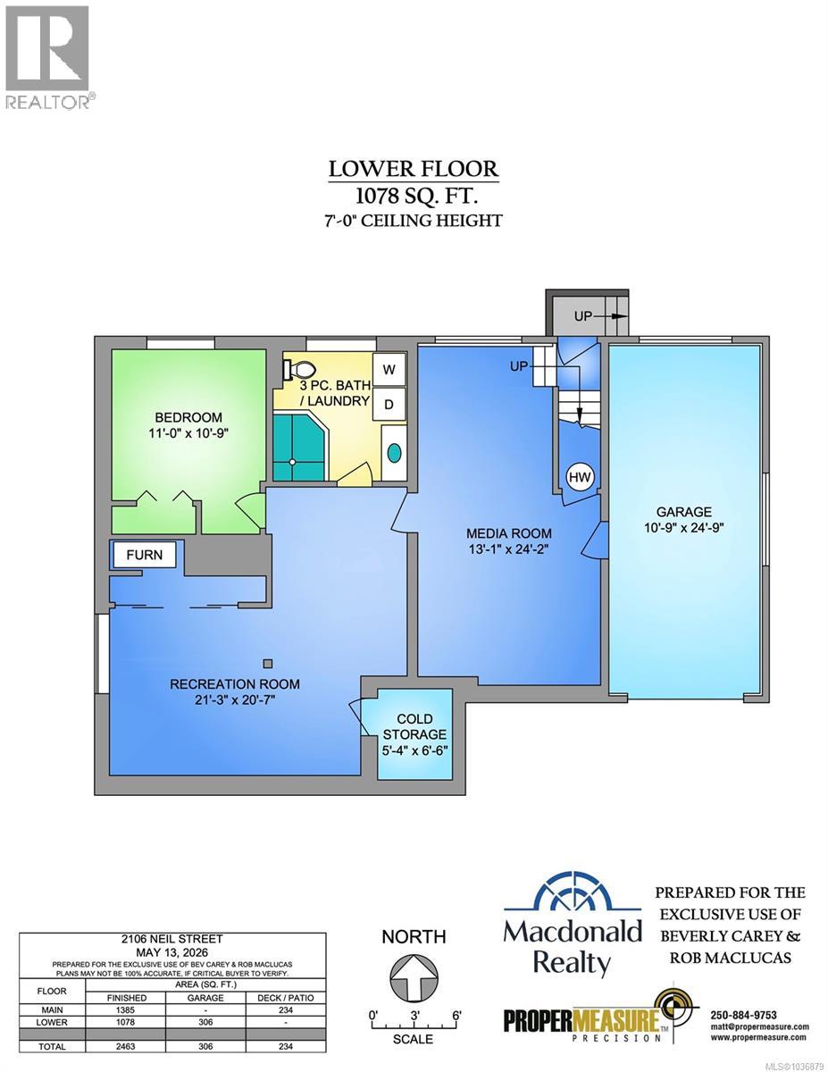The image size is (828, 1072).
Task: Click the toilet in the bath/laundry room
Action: coord(299,369)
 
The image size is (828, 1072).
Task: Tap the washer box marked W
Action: coord(389,370)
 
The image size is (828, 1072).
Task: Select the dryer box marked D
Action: coord(389,405)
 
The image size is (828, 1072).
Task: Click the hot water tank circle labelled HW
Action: coord(580,476)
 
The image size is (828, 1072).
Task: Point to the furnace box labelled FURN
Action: coord(144,555)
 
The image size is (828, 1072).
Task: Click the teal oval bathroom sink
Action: coord(394,452)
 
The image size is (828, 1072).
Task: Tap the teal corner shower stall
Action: coord(299,448)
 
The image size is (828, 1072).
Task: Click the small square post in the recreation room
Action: coord(267,664)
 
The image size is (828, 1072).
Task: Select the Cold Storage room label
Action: coord(414,726)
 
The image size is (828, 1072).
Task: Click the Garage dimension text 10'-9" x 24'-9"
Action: coord(683,527)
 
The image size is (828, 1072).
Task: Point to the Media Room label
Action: coord(509,533)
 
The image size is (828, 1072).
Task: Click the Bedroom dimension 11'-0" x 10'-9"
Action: coord(188,433)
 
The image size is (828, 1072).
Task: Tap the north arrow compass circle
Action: coord(414,978)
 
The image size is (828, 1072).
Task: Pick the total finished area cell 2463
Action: coord(125,1046)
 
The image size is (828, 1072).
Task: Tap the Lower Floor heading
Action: coord(414,169)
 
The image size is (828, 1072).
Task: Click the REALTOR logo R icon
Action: coord(47,48)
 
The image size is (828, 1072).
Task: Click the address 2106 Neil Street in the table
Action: coord(172,939)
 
